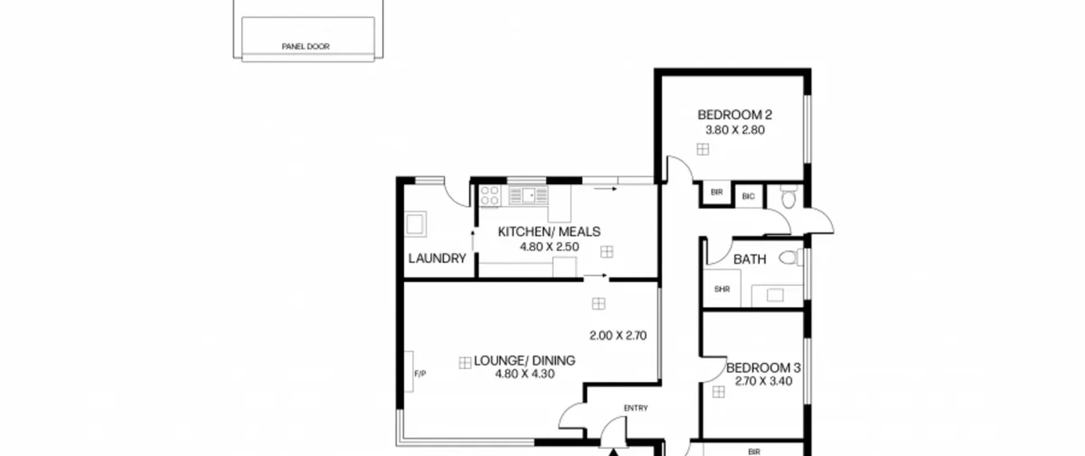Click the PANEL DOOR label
[306, 46]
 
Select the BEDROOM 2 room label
[734, 115]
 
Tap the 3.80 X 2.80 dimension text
[734, 130]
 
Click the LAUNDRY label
[437, 258]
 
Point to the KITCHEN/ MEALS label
[549, 232]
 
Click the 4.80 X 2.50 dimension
[549, 247]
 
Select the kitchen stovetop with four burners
[490, 196]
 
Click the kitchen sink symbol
[529, 196]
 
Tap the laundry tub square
[415, 224]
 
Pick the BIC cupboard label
[748, 196]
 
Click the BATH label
[750, 259]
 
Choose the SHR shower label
[722, 289]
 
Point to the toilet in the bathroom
[791, 257]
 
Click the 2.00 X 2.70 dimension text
[618, 336]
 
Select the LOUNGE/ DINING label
[524, 361]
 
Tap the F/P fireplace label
[420, 374]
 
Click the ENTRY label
[636, 408]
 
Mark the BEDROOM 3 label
[763, 368]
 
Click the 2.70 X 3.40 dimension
[763, 381]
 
